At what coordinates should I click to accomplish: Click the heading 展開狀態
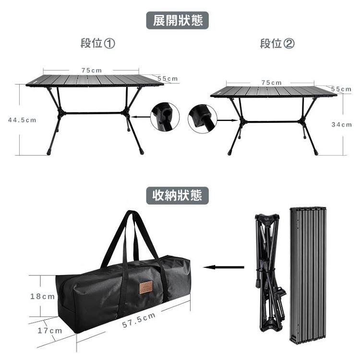pos(178,21)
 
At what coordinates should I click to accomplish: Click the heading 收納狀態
pos(178,195)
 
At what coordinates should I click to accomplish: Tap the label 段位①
pos(98,44)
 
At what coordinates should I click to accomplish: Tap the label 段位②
pos(277,44)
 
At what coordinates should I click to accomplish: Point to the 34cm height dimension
pos(342,124)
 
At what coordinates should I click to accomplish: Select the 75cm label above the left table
pos(92,70)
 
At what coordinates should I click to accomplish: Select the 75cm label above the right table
pos(272,83)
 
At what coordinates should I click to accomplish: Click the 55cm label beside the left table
pos(168,78)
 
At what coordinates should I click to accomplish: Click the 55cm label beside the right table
pos(341,89)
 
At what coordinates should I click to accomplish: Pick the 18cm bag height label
pos(43,297)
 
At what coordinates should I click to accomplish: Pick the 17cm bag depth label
pos(50,331)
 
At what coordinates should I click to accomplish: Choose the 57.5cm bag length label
pos(139,320)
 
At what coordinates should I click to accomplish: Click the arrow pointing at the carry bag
pos(224,267)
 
